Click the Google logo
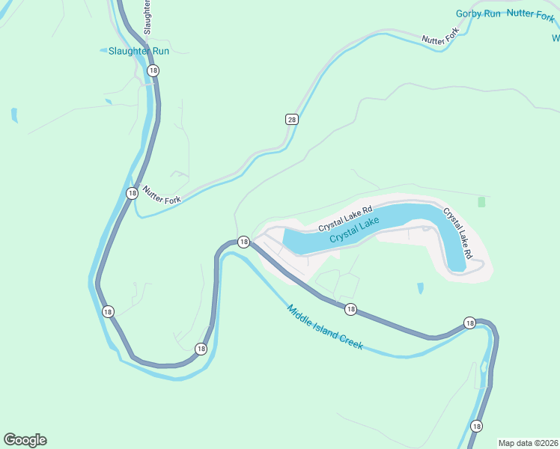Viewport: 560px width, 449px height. click(x=25, y=440)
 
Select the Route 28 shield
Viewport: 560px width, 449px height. click(x=291, y=120)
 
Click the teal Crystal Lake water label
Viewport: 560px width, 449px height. click(x=353, y=230)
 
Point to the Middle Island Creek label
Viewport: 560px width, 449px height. click(x=324, y=326)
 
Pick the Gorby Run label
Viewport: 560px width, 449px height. click(x=477, y=13)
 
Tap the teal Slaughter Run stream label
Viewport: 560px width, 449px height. click(x=139, y=51)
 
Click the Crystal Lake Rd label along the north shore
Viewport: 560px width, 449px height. click(x=344, y=219)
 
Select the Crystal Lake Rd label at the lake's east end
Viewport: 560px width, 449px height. click(x=457, y=233)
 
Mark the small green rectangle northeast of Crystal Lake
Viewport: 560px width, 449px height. click(x=481, y=202)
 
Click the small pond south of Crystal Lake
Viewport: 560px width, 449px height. click(x=420, y=287)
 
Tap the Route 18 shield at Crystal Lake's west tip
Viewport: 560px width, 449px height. click(x=243, y=242)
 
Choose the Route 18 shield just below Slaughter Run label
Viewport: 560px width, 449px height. click(x=153, y=70)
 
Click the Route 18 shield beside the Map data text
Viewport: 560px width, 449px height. click(x=476, y=426)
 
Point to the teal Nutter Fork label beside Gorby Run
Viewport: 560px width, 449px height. click(x=530, y=13)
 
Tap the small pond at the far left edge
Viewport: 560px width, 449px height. click(x=14, y=115)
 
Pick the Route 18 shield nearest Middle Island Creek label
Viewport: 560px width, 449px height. click(x=350, y=308)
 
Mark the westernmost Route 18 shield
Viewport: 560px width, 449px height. click(x=108, y=311)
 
